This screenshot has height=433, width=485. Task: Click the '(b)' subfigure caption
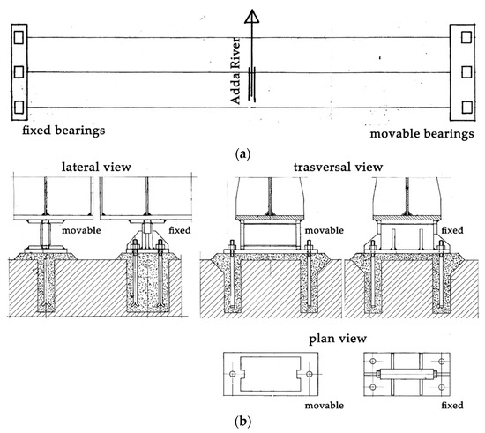tap(241, 421)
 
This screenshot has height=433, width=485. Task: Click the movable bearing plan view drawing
tap(265, 375)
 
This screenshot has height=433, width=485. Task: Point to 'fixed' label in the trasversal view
tap(452, 231)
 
